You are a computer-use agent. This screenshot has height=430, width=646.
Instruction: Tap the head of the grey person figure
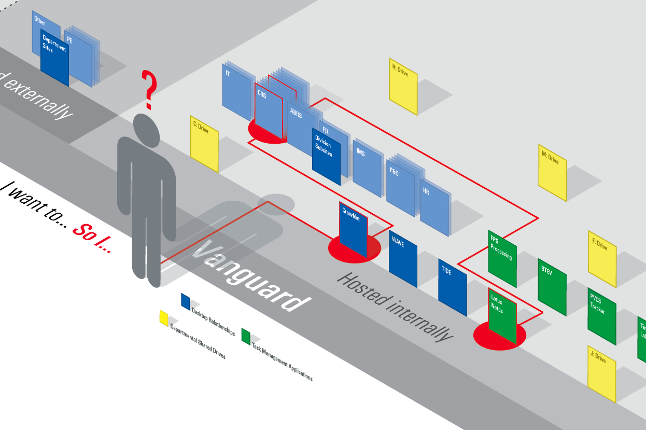[x=146, y=128]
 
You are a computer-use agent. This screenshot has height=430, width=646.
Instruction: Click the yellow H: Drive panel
[x=403, y=86]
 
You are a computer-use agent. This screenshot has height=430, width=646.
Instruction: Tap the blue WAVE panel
[x=403, y=258]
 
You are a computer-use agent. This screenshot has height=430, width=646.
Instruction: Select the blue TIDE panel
[x=452, y=287]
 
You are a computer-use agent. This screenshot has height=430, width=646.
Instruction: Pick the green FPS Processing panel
[x=502, y=258]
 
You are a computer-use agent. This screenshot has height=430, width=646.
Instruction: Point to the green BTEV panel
[x=552, y=287]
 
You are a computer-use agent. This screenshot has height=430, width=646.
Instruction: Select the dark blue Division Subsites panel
[x=326, y=156]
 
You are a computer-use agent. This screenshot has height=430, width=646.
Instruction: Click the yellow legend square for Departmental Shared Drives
[x=163, y=317]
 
